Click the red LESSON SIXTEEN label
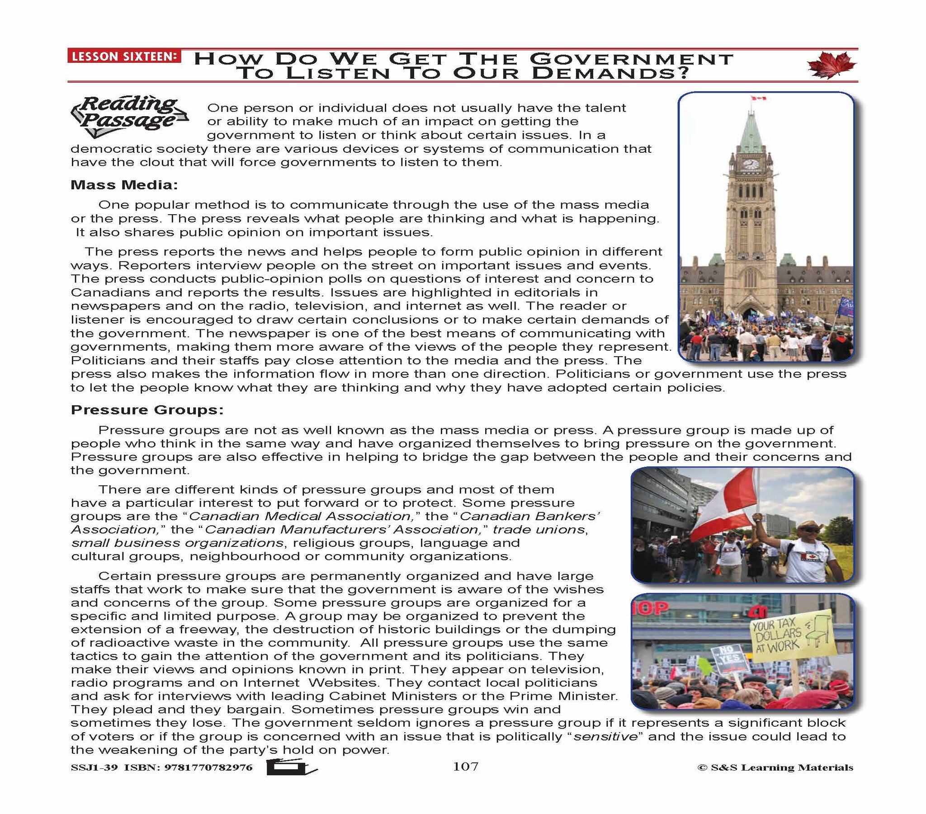coord(123,56)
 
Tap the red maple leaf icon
coord(832,65)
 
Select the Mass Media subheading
coord(124,185)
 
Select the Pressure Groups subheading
coord(147,410)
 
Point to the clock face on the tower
coord(749,163)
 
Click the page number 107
coord(465,767)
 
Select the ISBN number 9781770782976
coord(210,768)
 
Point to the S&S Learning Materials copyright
coord(775,767)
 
